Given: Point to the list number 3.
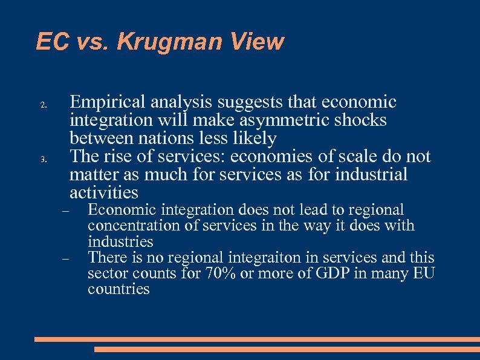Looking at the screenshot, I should click(x=43, y=160).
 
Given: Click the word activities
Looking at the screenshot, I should click(x=104, y=193).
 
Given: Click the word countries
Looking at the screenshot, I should click(x=118, y=289).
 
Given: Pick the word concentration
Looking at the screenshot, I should click(x=130, y=226).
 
